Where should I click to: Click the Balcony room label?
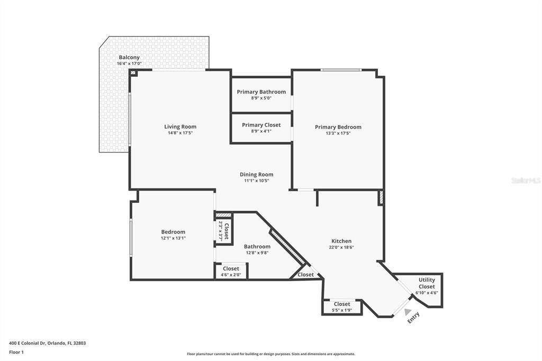129,57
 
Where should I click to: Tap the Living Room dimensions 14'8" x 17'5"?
180,133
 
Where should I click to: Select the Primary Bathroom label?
261,92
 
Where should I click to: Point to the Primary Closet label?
261,125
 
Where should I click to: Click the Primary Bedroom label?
338,127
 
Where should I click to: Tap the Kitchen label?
341,241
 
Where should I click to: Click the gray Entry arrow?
408,312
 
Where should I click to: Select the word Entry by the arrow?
413,319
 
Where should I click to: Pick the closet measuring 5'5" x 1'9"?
341,306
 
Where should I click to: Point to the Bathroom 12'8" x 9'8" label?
257,249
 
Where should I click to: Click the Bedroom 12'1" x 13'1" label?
173,234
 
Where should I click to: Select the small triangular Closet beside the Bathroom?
305,275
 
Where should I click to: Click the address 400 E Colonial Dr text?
47,343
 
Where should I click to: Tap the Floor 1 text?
16,351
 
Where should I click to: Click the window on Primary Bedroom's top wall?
341,70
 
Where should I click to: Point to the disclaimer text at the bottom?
270,354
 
